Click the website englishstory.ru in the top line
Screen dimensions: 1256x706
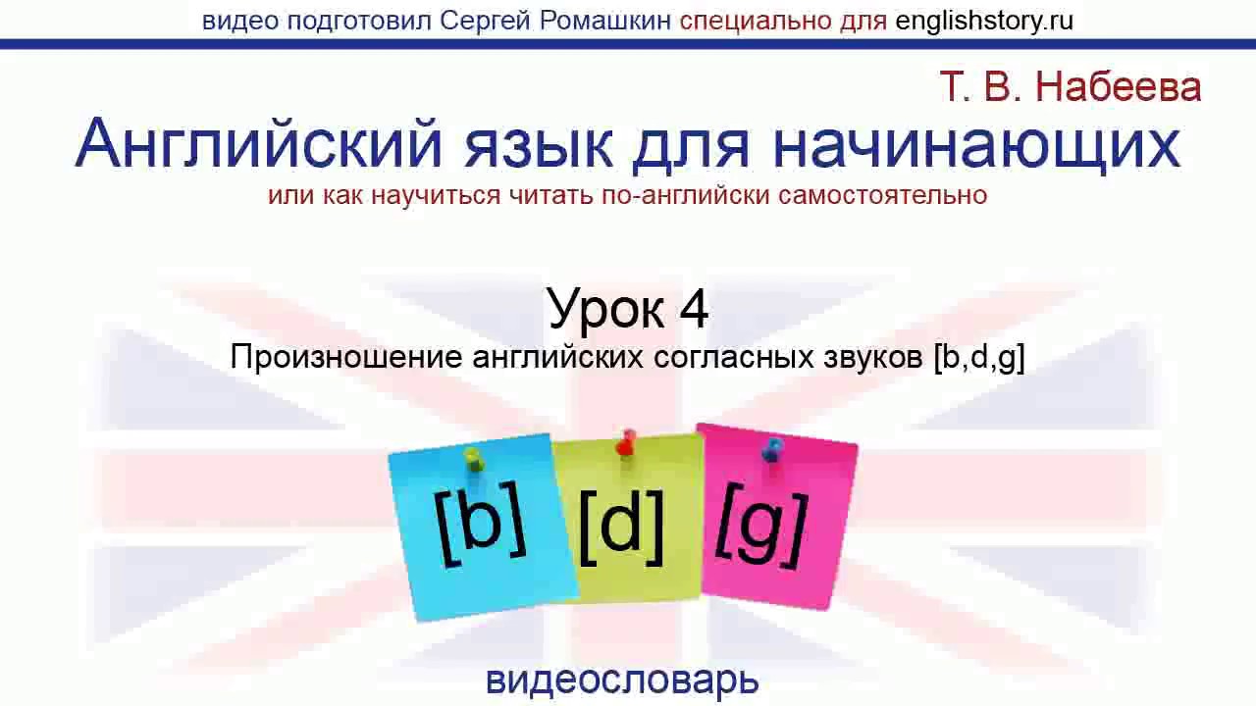[x=984, y=21]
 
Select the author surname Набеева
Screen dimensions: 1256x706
[x=1118, y=87]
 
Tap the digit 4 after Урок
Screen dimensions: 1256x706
[x=693, y=308]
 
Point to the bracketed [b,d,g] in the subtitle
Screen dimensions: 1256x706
[x=979, y=358]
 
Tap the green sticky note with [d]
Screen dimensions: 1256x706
[x=628, y=520]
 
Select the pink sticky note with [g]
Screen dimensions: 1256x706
[x=778, y=517]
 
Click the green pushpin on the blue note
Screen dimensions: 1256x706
[x=474, y=461]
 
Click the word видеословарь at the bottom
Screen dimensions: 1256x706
[x=622, y=681]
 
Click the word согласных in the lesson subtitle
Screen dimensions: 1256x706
[x=733, y=358]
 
